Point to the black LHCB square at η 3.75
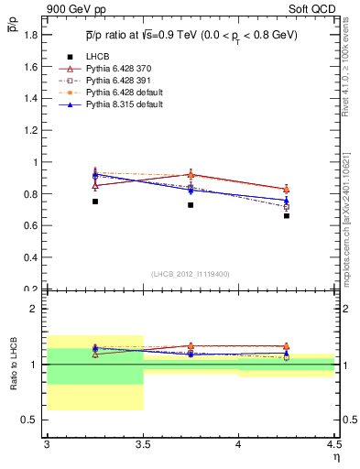pos(191,205)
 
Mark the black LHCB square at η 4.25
pos(287,216)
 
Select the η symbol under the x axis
pos(335,457)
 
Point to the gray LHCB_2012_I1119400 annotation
pos(190,273)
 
